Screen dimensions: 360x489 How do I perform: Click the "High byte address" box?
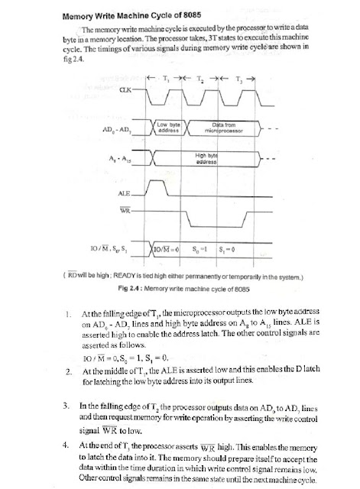point(206,159)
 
